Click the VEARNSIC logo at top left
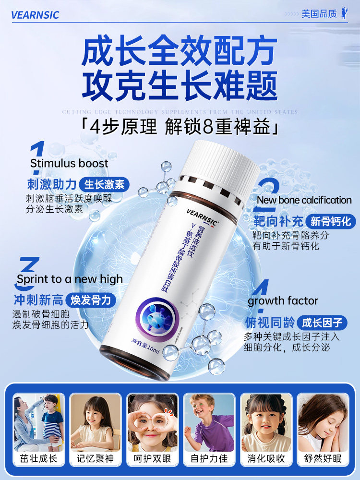tap(35, 15)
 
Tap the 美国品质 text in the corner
tap(319, 14)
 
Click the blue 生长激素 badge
tap(104, 184)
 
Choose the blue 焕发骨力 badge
tap(91, 300)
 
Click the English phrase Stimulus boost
tap(69, 163)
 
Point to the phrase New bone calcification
tap(304, 200)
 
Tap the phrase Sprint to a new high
tap(70, 279)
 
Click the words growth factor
tap(283, 301)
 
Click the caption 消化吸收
tap(265, 459)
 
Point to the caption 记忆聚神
tap(95, 459)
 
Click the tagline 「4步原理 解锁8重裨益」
tap(179, 128)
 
